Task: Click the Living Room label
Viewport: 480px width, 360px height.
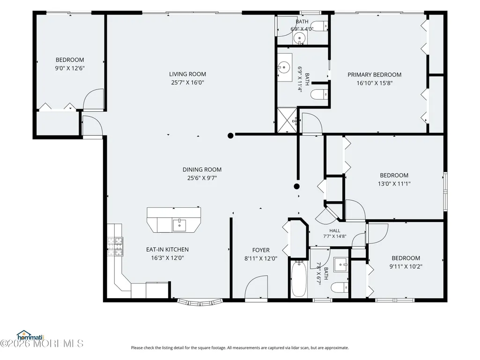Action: click(187, 74)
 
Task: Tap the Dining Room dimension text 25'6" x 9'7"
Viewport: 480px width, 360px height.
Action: click(202, 178)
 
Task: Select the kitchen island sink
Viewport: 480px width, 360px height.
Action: click(179, 225)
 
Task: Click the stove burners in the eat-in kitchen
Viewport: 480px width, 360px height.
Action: click(115, 246)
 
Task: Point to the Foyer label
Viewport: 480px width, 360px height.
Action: click(261, 250)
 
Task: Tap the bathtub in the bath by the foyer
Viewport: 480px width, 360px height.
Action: click(298, 279)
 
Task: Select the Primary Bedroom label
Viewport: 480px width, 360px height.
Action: click(374, 75)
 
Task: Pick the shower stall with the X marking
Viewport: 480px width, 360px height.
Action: click(287, 120)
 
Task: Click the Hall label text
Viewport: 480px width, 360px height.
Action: click(334, 230)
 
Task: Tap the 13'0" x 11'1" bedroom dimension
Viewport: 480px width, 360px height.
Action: click(394, 184)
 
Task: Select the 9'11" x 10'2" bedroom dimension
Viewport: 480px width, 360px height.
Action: click(406, 266)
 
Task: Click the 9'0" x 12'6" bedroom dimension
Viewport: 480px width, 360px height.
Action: click(70, 68)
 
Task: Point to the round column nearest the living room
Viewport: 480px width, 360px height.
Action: click(230, 136)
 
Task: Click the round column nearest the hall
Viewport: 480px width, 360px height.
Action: click(296, 186)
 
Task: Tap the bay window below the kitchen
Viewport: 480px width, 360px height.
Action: click(200, 302)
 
